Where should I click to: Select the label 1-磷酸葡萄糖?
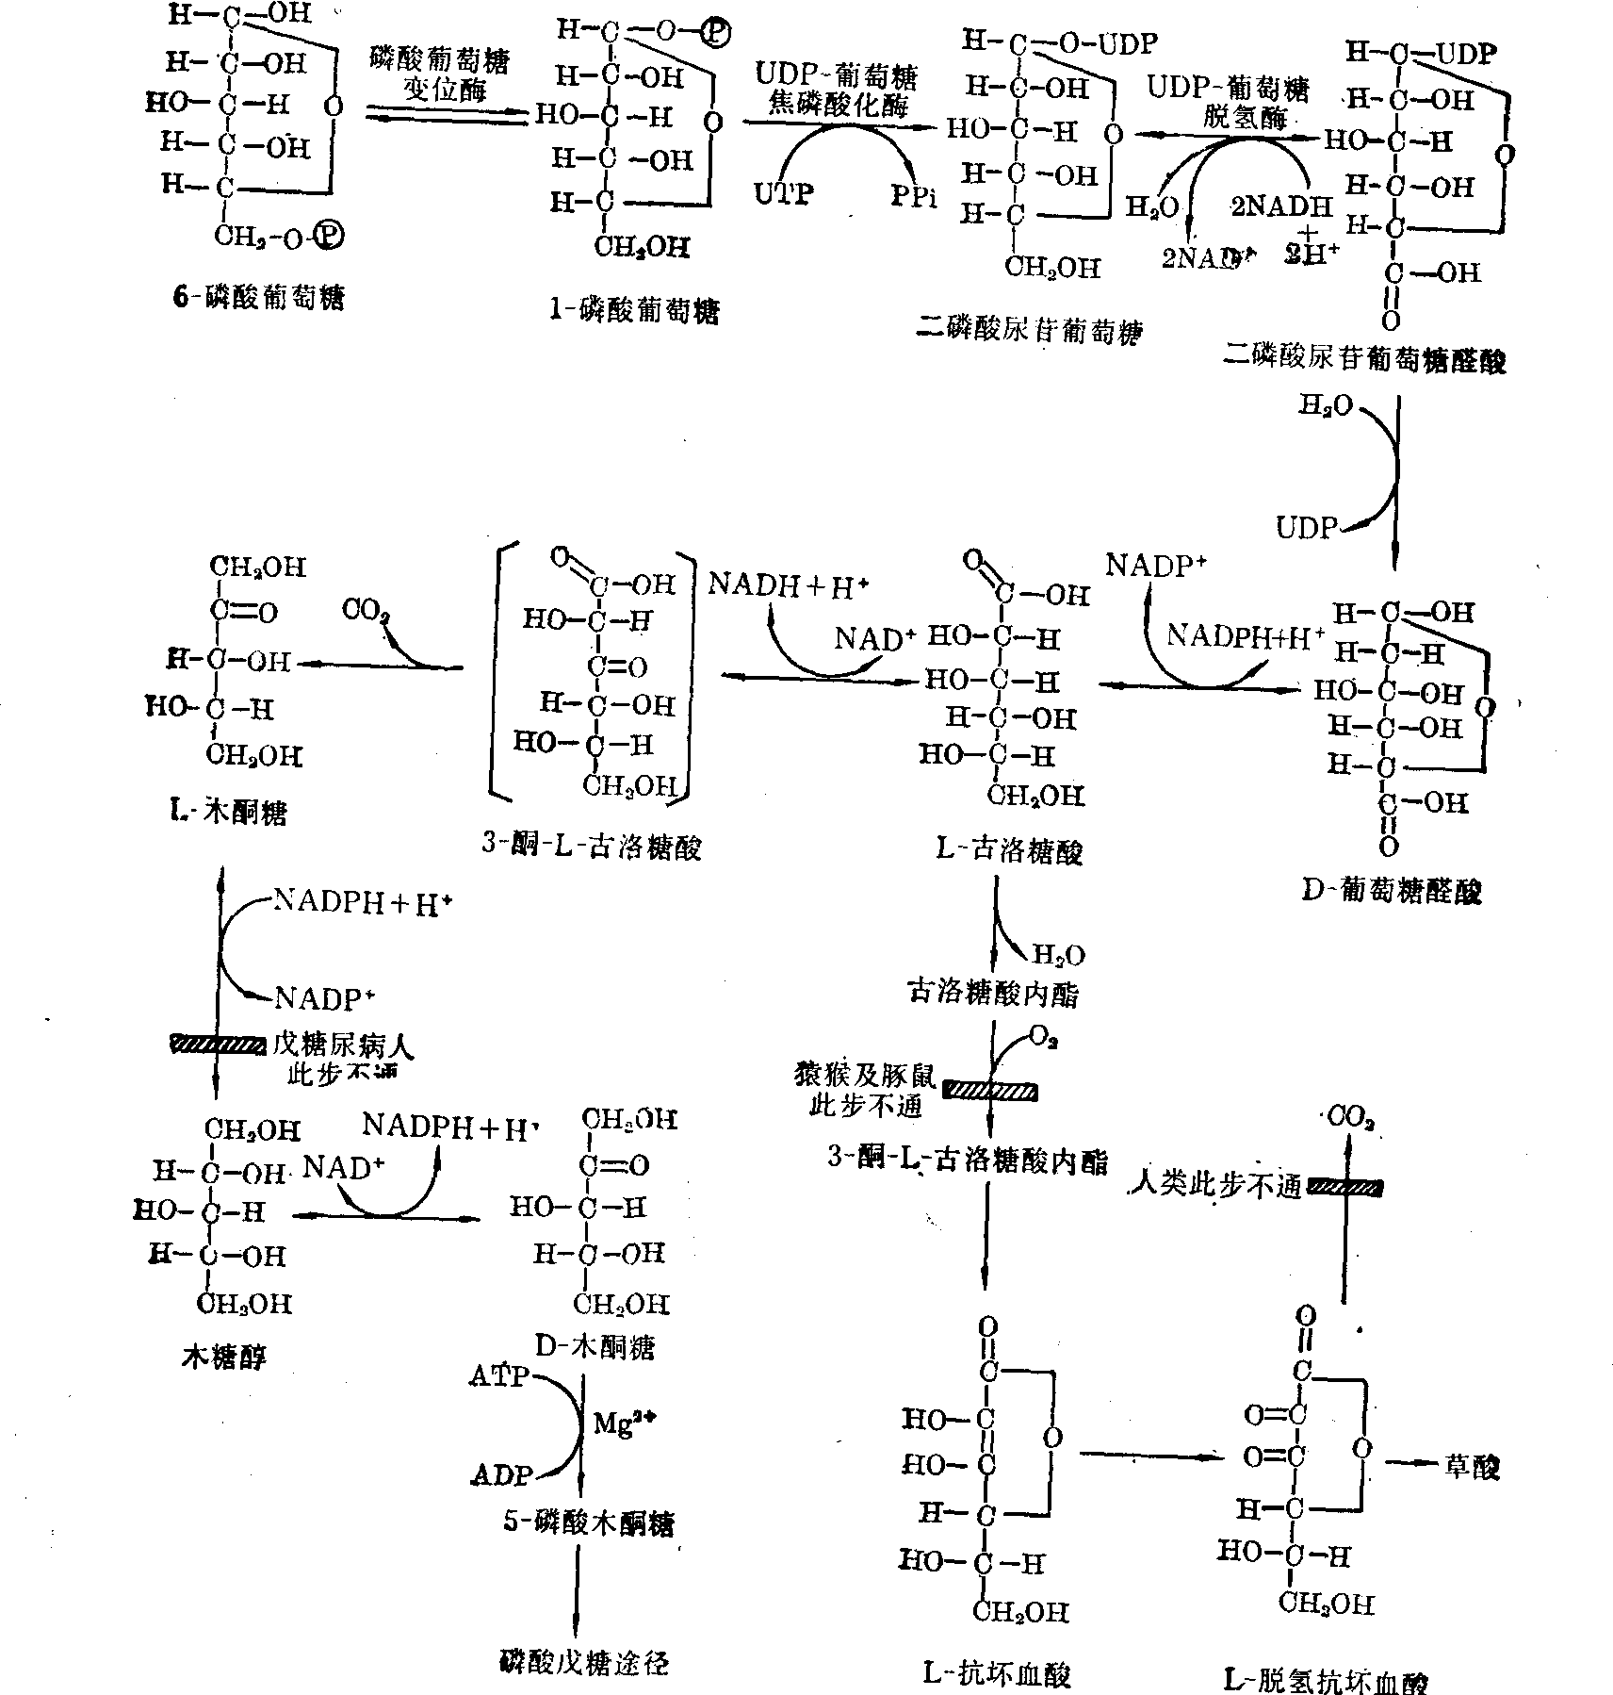[633, 310]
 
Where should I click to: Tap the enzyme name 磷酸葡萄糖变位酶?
[439, 75]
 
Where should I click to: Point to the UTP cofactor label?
[783, 194]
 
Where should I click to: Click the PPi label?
[914, 197]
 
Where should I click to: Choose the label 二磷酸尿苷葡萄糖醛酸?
[1363, 359]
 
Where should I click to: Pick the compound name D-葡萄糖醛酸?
[1392, 890]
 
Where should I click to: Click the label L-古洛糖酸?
[1009, 850]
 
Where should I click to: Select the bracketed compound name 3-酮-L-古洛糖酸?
[592, 846]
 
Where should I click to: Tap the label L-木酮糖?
[222, 812]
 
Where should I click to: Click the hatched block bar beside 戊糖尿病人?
[218, 1044]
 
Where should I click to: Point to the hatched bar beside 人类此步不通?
[1344, 1187]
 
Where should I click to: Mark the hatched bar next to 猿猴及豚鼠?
[990, 1092]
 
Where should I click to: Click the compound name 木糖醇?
[223, 1357]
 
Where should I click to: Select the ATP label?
[498, 1376]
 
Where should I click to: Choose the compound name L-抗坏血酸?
[997, 1673]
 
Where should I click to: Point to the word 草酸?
[1471, 1467]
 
